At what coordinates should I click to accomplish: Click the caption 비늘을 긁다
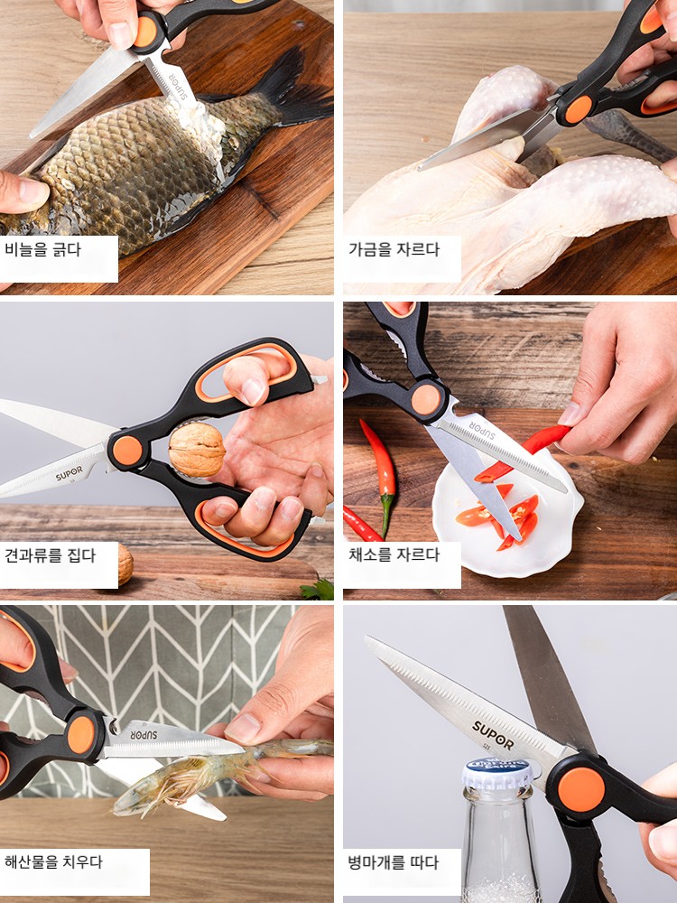(x=42, y=250)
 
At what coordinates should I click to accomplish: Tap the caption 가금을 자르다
(x=394, y=250)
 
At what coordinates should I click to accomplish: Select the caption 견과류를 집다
(x=50, y=555)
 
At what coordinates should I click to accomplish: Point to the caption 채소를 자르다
(x=394, y=555)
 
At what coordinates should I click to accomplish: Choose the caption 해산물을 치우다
(x=53, y=862)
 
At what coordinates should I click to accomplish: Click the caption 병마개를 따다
(x=394, y=862)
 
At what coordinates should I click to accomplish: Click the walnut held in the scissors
(x=196, y=450)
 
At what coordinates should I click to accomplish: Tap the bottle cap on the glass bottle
(x=497, y=774)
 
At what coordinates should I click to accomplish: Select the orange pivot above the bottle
(x=581, y=789)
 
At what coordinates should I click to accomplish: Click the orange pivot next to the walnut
(x=127, y=451)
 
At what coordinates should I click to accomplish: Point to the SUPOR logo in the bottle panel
(x=494, y=735)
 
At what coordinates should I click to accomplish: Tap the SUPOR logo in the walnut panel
(x=70, y=473)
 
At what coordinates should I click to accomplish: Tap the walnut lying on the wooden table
(x=125, y=564)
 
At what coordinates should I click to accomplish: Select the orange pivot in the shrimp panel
(x=80, y=735)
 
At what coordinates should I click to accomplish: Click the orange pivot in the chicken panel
(x=578, y=109)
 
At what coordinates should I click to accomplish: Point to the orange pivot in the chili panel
(x=425, y=399)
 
